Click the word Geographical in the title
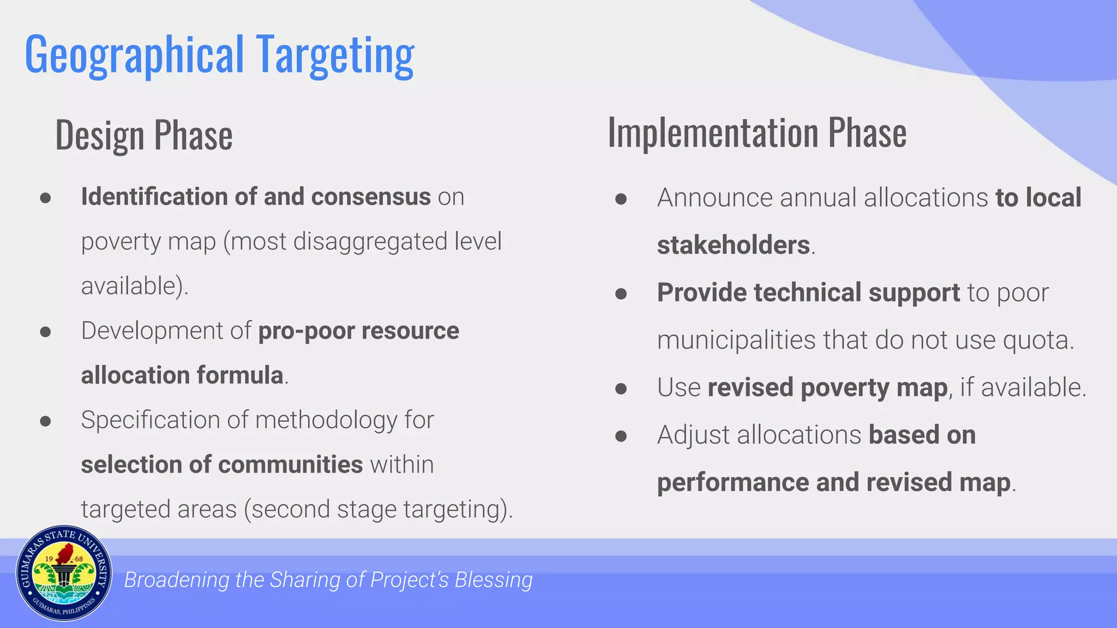(x=134, y=55)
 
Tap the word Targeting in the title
(x=335, y=55)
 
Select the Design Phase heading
(x=144, y=135)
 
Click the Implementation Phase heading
(x=757, y=133)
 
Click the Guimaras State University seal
(x=64, y=573)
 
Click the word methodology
(x=326, y=420)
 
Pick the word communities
(x=290, y=465)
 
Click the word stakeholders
(x=733, y=245)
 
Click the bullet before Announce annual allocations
(x=621, y=199)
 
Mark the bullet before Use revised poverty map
(x=621, y=389)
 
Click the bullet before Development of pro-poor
(x=45, y=332)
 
